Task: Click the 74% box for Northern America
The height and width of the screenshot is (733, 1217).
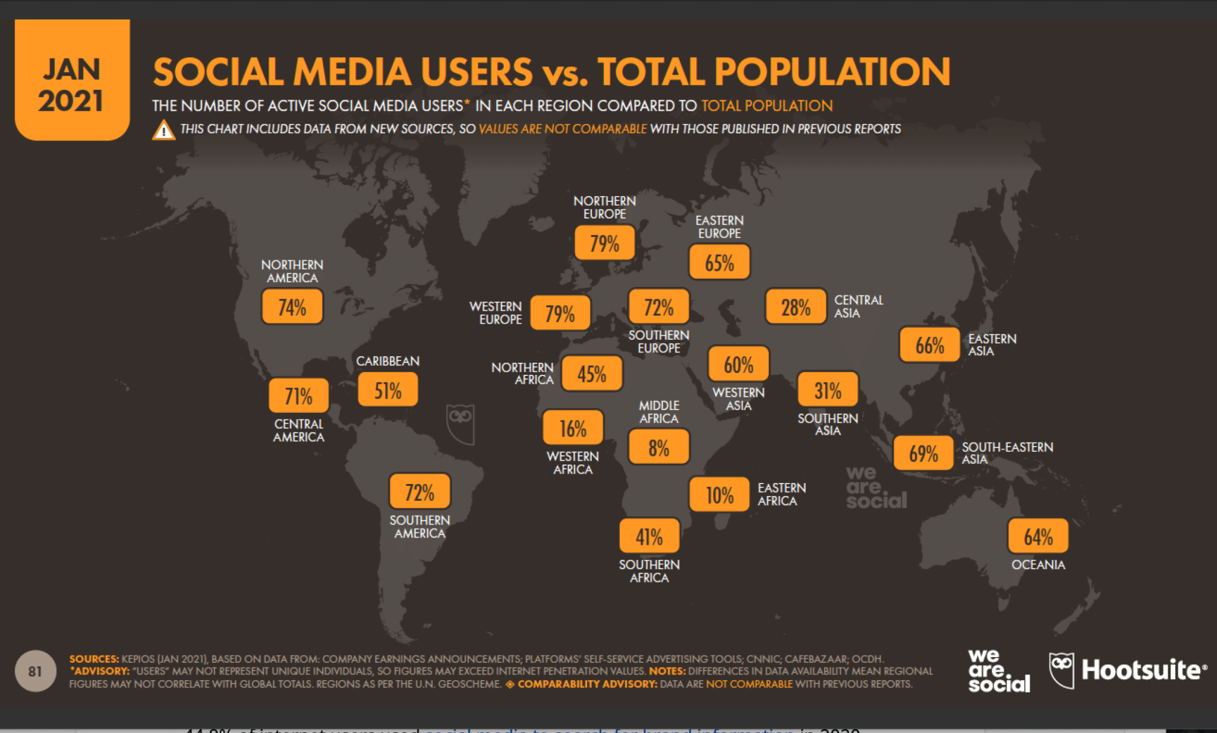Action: tap(292, 307)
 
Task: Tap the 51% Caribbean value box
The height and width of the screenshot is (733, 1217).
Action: tap(387, 390)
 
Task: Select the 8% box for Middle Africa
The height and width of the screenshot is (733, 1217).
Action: tap(658, 447)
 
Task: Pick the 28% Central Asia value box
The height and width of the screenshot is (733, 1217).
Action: tap(796, 307)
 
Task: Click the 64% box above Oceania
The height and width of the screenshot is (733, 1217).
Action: tap(1038, 536)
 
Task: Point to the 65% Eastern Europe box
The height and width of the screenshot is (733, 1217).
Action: tap(719, 263)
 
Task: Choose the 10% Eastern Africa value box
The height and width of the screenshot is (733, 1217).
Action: tap(719, 495)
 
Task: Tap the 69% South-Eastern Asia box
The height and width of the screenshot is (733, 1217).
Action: tap(923, 453)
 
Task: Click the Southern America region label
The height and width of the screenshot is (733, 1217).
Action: tap(420, 527)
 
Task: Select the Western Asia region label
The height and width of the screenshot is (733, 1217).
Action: tap(738, 399)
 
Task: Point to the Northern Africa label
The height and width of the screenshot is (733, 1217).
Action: tap(522, 374)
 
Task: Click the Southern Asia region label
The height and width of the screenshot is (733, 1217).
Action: tap(827, 425)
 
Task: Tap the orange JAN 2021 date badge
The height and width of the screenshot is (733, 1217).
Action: tap(72, 80)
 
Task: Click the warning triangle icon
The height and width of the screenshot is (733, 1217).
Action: tap(163, 130)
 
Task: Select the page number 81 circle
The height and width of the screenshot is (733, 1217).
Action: tap(35, 671)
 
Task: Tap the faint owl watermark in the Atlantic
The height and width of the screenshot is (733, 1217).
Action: tap(461, 424)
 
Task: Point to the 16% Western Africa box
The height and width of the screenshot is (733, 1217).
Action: tap(573, 428)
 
